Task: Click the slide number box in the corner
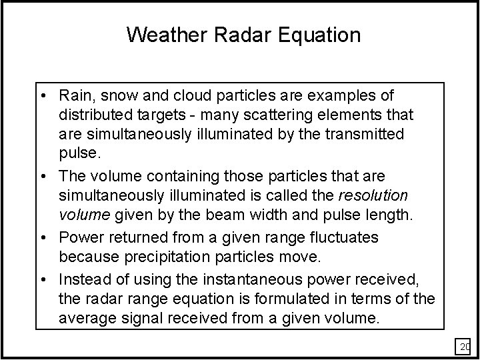tap(463, 347)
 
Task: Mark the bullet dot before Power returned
tap(49, 237)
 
